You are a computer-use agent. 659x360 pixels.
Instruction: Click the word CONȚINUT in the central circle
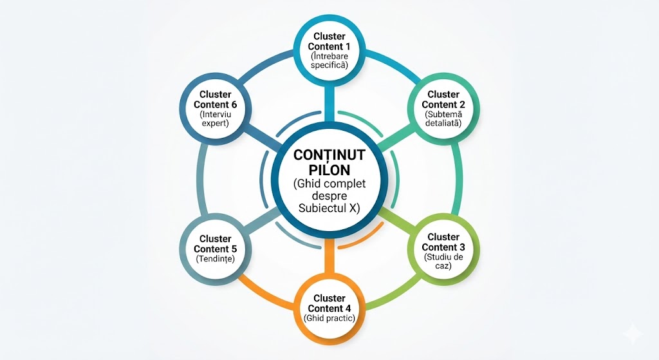(329, 155)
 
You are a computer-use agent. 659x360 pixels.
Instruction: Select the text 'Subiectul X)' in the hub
(329, 208)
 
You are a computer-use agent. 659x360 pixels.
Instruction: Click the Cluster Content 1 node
(329, 50)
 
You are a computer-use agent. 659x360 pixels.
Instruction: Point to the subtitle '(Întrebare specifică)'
(329, 61)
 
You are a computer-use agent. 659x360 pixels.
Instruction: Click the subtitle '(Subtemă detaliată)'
(443, 118)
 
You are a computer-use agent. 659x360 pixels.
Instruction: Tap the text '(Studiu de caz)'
(443, 261)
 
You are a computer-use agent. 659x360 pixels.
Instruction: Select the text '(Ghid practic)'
(329, 319)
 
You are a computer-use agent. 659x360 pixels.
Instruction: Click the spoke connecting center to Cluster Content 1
(329, 103)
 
